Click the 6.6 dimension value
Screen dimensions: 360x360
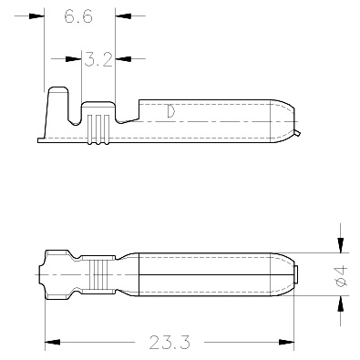pos(78,16)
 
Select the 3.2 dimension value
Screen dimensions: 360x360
pos(98,59)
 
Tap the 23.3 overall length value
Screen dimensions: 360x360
pos(170,343)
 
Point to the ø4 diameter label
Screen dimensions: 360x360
pos(341,276)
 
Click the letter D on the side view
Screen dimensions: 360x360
pos(171,111)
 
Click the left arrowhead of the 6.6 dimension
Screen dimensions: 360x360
pos(36,15)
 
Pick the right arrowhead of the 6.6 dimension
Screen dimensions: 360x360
pos(123,15)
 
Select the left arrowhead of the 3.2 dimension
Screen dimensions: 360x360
pos(74,58)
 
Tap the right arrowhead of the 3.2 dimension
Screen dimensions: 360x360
pos(123,58)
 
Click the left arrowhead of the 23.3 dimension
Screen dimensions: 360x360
pos(53,342)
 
